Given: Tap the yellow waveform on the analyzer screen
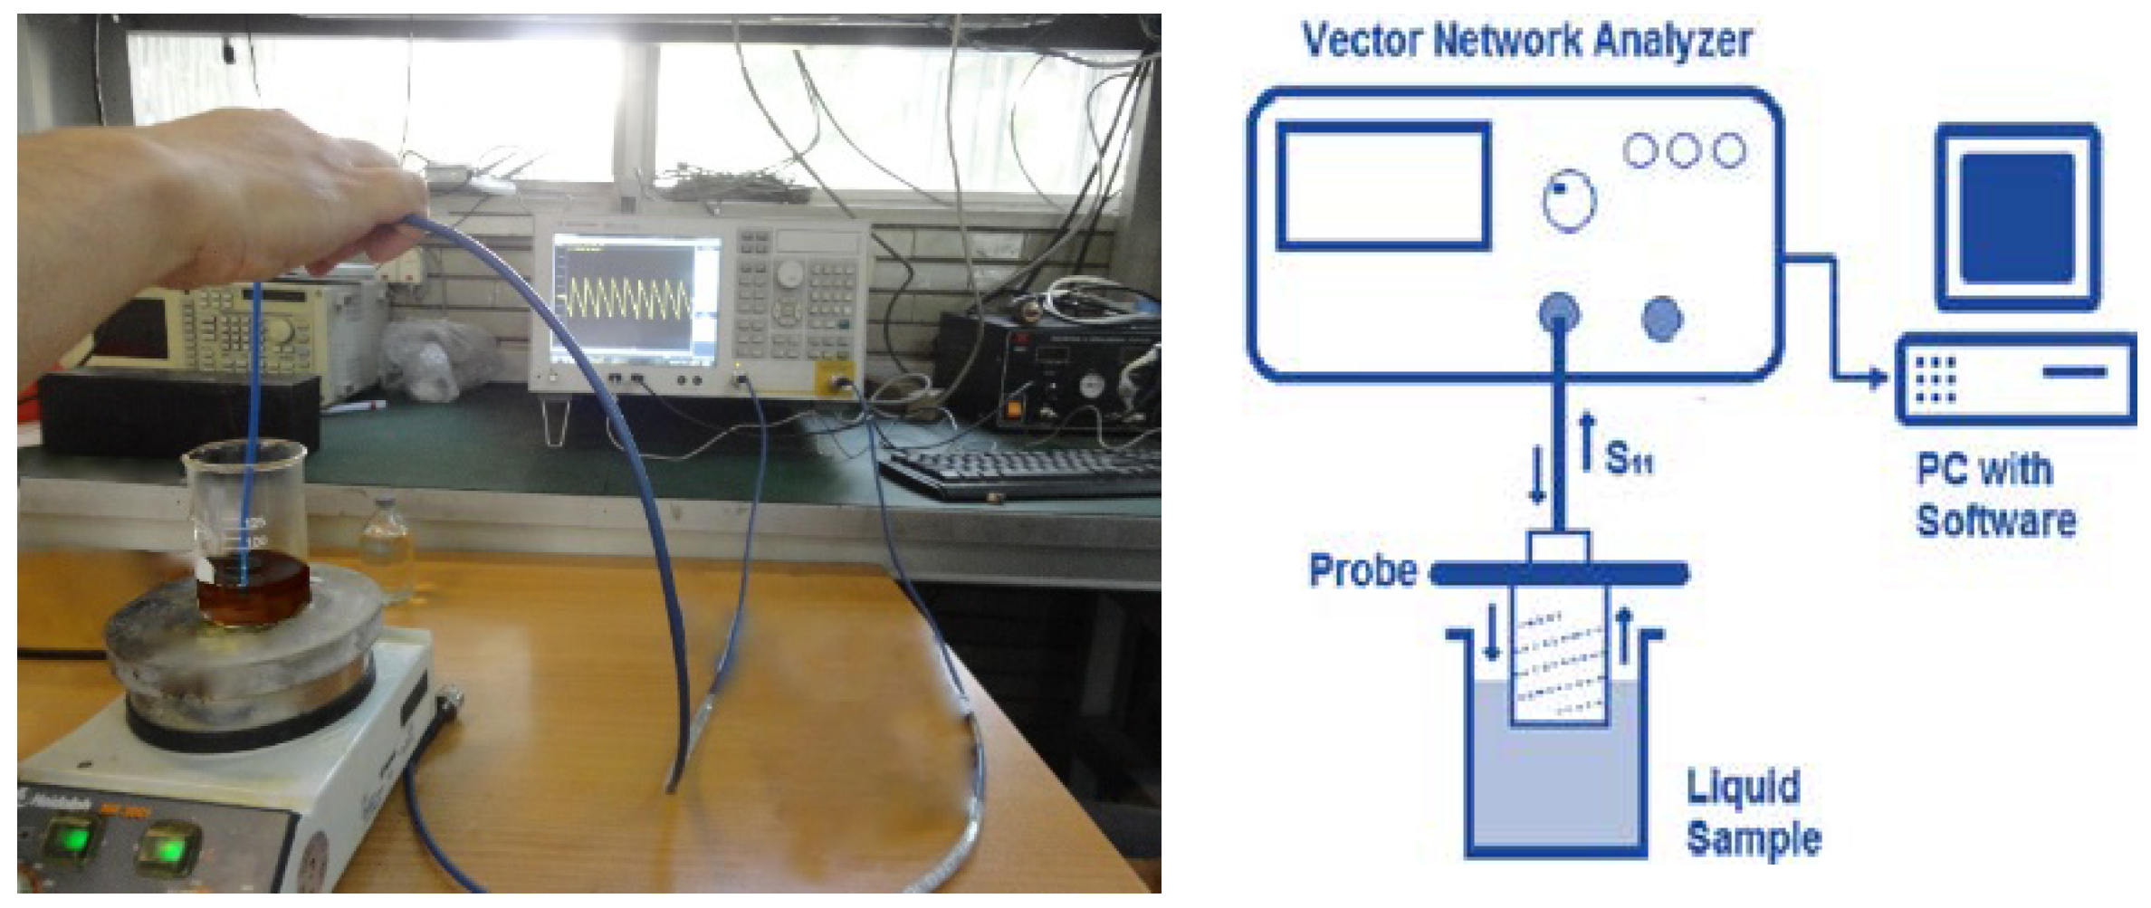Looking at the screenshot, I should pyautogui.click(x=625, y=300).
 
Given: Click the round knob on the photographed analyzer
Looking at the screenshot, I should pyautogui.click(x=789, y=271).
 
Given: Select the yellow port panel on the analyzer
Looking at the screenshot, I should pyautogui.click(x=838, y=379).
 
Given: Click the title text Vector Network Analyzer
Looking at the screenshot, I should pyautogui.click(x=1526, y=41).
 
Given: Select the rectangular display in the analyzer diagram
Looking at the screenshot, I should pyautogui.click(x=1383, y=186).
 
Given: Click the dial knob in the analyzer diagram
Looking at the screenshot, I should pyautogui.click(x=1569, y=201).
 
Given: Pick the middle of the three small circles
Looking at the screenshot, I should pyautogui.click(x=1683, y=150).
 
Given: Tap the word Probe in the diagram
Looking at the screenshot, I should pyautogui.click(x=1362, y=571).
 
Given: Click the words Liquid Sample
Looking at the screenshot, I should pyautogui.click(x=1752, y=812).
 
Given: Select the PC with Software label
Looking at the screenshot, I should pyautogui.click(x=1994, y=496).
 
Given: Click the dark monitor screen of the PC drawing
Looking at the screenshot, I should pyautogui.click(x=2016, y=217).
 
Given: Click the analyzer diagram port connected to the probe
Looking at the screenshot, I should pyautogui.click(x=1559, y=315).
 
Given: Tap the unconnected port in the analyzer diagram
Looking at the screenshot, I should pyautogui.click(x=1662, y=319).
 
